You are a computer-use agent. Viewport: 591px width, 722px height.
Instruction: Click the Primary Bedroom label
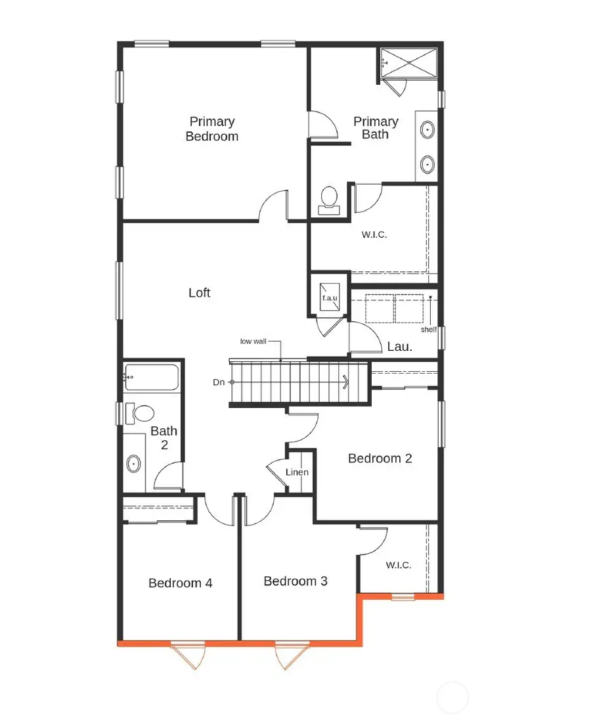click(211, 129)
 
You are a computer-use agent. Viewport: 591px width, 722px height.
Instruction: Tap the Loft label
click(200, 292)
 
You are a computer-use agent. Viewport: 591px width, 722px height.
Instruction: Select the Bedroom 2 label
click(380, 459)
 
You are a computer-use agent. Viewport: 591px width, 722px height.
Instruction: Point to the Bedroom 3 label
click(295, 581)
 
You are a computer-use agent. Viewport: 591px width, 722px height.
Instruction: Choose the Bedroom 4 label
click(180, 583)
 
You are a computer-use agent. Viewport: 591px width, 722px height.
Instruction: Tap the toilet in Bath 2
click(140, 413)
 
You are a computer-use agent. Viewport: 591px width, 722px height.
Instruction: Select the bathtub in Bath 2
click(152, 378)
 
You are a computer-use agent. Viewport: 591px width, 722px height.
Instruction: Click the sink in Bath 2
click(134, 464)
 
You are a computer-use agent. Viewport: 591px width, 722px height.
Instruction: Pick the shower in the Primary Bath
click(411, 63)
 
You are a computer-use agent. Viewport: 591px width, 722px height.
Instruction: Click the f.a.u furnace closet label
click(329, 298)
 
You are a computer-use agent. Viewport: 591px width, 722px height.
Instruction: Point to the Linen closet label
click(297, 472)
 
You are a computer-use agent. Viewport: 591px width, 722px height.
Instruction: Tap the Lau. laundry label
click(400, 346)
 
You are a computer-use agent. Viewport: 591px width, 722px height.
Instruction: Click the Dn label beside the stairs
click(219, 382)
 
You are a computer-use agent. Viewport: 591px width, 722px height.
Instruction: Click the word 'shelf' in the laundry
click(428, 329)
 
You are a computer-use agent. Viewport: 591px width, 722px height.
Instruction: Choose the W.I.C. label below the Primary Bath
click(374, 234)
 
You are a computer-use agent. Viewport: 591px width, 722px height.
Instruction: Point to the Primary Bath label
click(376, 127)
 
